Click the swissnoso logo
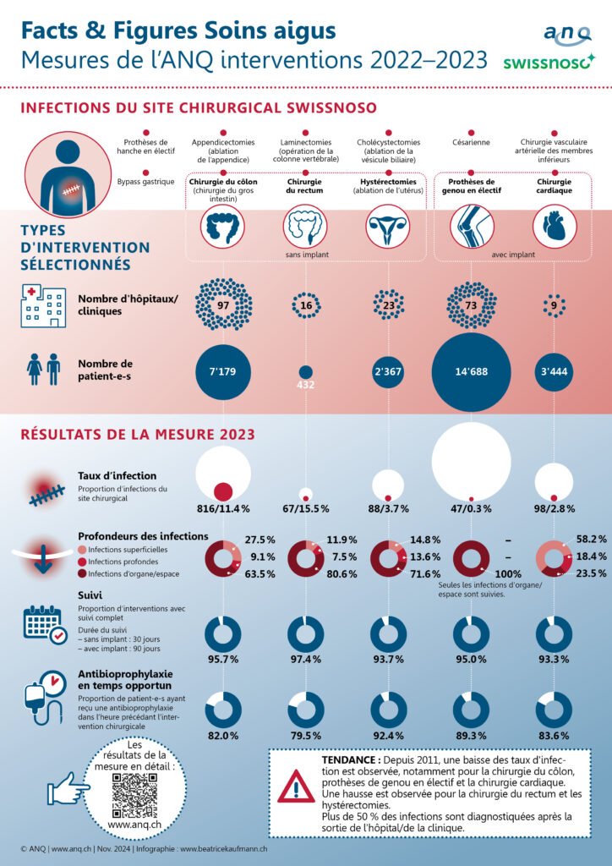[549, 62]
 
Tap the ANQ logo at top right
[567, 34]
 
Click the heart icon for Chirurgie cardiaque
[554, 227]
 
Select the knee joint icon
[472, 227]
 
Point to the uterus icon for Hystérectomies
[389, 227]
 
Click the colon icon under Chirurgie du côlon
[223, 227]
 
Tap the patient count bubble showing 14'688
[471, 372]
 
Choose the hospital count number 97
[223, 305]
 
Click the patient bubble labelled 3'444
[554, 372]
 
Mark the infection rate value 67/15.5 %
[306, 508]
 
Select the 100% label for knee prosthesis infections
[508, 574]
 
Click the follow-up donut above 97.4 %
[306, 634]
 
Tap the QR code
[134, 795]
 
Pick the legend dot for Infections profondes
[82, 562]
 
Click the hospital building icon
[43, 306]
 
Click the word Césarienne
[472, 142]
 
